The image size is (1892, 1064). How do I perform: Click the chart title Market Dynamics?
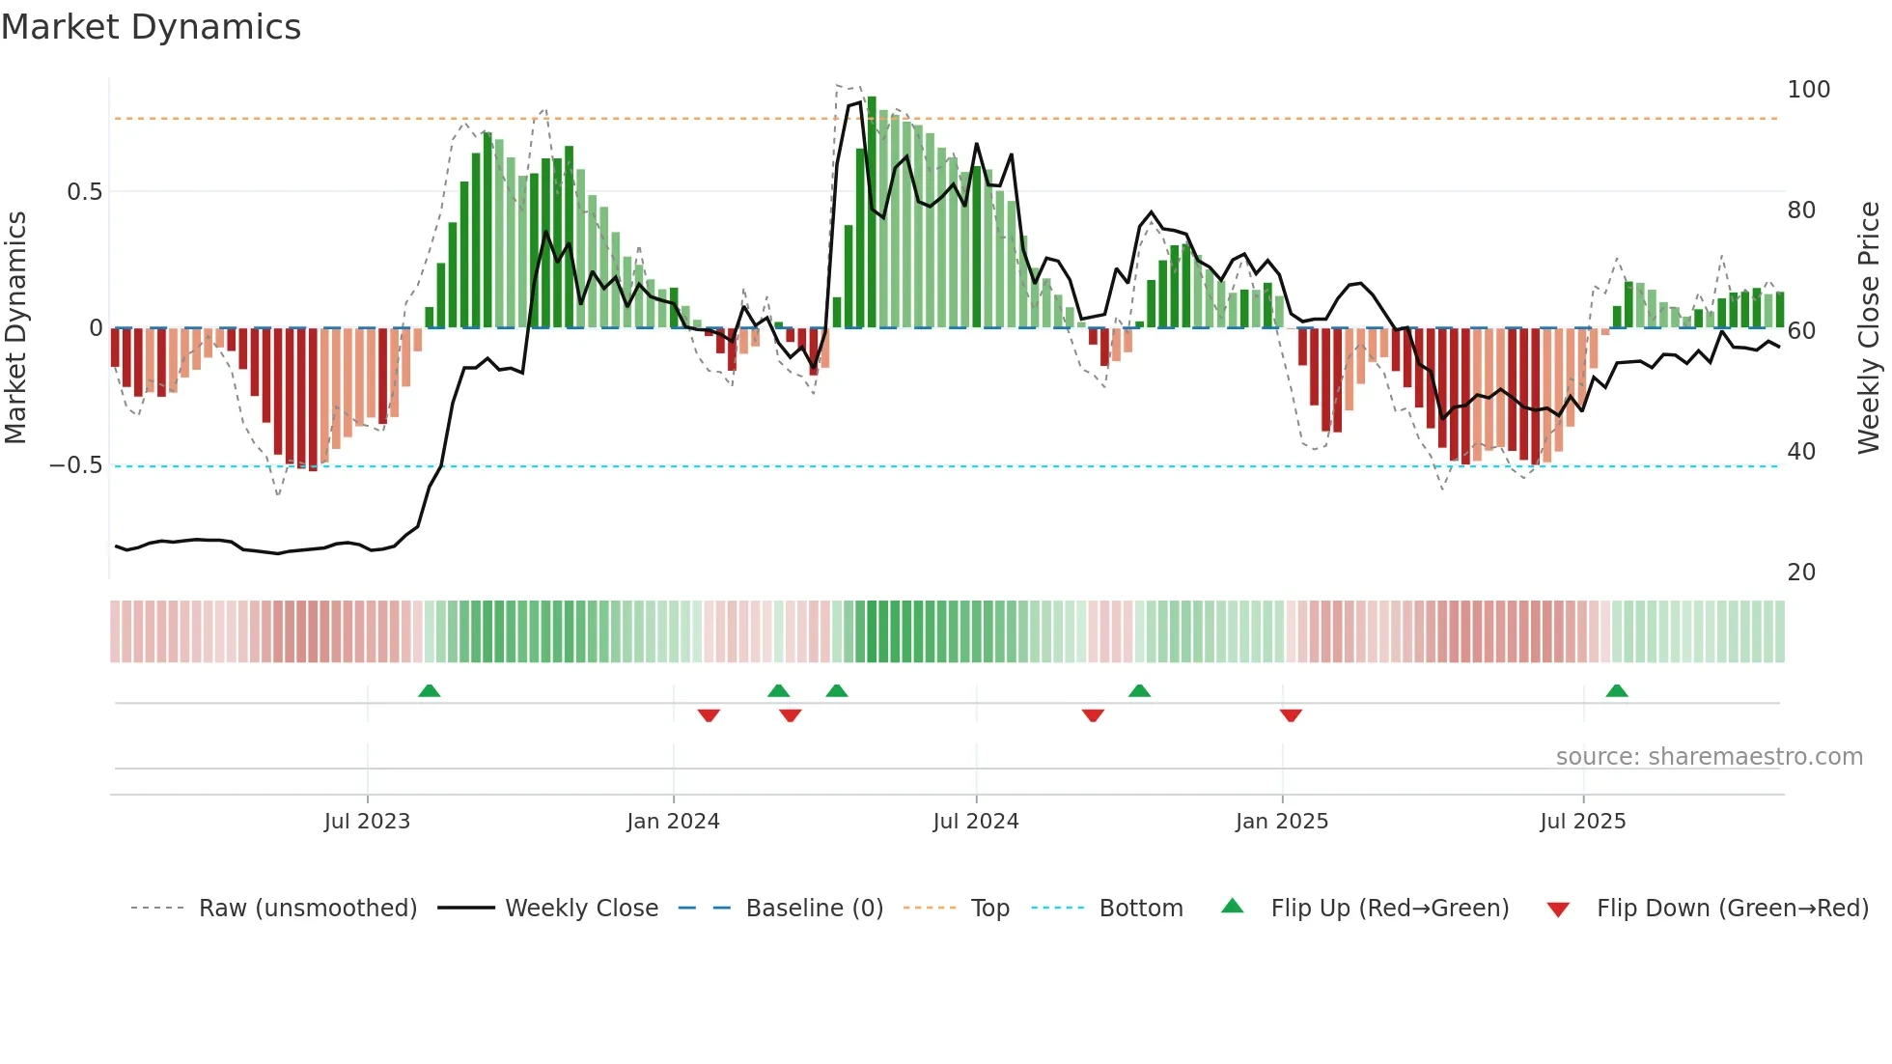[x=152, y=27]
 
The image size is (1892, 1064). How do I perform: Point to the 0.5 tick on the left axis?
[x=84, y=192]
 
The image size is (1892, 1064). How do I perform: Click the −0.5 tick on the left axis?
[x=75, y=465]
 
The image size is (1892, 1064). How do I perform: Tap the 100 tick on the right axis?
[x=1808, y=90]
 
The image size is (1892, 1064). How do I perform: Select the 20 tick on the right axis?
[x=1801, y=573]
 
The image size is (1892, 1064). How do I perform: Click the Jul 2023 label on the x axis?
[x=367, y=822]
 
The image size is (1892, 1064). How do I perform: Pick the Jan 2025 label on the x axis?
[x=1281, y=822]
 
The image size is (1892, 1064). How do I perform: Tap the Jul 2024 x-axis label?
[x=975, y=822]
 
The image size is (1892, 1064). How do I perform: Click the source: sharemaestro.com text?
[x=1709, y=757]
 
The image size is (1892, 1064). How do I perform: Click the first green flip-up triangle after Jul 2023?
[x=430, y=690]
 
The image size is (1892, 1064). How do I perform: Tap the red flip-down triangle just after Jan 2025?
[x=1291, y=715]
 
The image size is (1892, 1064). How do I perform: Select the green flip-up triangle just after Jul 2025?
[x=1617, y=690]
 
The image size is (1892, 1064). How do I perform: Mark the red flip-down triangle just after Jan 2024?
[x=709, y=715]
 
